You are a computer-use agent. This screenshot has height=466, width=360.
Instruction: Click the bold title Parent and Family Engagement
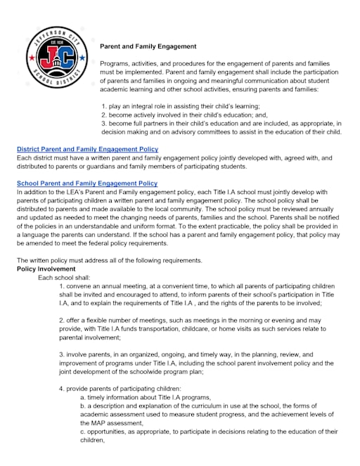tap(148, 46)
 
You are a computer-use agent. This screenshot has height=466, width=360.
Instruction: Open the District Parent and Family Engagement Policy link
tap(87, 149)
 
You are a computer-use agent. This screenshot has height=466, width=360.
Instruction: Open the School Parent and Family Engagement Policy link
tap(87, 183)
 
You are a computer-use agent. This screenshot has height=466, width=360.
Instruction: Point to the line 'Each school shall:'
tap(64, 277)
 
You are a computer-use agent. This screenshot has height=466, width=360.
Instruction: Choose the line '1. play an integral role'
tap(170, 105)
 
